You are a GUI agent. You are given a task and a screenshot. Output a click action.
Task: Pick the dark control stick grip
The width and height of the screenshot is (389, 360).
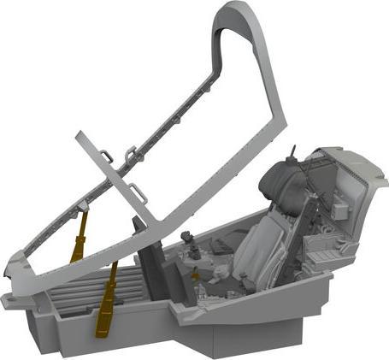coord(194,253)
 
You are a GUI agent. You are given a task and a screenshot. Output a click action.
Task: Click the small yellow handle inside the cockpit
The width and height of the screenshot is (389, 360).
coord(196,276)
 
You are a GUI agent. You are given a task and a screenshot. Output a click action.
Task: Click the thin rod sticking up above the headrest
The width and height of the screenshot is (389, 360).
coord(296,153)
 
